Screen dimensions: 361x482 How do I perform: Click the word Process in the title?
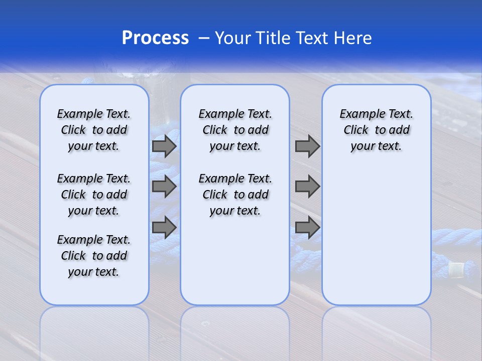[155, 38]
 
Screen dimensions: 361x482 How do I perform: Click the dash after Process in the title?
[204, 38]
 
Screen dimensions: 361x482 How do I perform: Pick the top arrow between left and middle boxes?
[164, 146]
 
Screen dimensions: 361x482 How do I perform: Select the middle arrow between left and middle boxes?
[164, 187]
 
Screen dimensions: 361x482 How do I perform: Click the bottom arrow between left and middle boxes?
[164, 227]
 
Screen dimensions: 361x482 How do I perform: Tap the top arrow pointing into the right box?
[307, 146]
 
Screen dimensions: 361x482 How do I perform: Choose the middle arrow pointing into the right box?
[307, 187]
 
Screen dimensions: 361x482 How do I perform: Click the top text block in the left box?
[94, 130]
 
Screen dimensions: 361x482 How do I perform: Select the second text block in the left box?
[94, 195]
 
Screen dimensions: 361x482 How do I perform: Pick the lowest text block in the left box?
[94, 256]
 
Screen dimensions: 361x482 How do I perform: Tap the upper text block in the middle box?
[235, 130]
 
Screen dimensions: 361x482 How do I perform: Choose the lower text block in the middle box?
[235, 195]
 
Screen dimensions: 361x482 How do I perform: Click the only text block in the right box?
[377, 130]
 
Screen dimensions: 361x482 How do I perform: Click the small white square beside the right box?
[455, 270]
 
